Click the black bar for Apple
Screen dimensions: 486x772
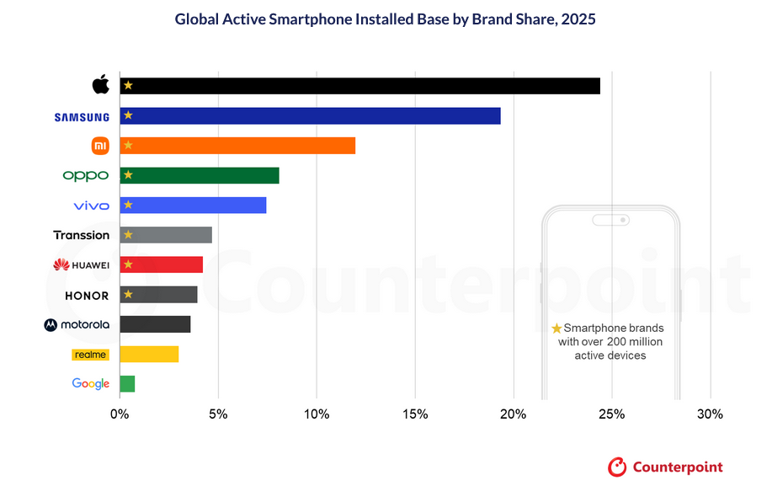coord(360,86)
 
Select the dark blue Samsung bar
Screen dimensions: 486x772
coord(311,116)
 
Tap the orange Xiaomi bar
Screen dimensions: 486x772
coord(237,146)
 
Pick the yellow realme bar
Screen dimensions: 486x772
coord(149,354)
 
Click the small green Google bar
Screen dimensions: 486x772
coord(127,384)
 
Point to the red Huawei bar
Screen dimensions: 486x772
coord(162,264)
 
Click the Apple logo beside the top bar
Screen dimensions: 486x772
coord(101,85)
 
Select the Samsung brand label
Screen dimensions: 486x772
coord(82,117)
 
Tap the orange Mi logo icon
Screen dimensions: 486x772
coord(100,146)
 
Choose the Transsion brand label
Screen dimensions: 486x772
coord(82,235)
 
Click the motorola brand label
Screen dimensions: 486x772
coord(77,325)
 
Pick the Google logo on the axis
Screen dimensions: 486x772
coord(91,384)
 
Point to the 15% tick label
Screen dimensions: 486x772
coord(415,414)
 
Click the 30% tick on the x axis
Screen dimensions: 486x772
coord(711,414)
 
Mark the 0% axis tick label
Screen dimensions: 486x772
coord(120,414)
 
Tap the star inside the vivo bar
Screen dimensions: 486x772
coord(128,205)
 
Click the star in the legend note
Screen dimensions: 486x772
coord(556,328)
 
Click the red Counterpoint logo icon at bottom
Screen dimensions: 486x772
coord(618,467)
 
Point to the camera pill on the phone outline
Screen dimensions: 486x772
coord(610,220)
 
